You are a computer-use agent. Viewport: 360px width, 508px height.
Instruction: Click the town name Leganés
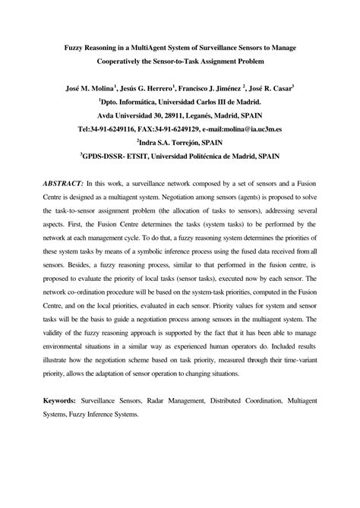(204, 114)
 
